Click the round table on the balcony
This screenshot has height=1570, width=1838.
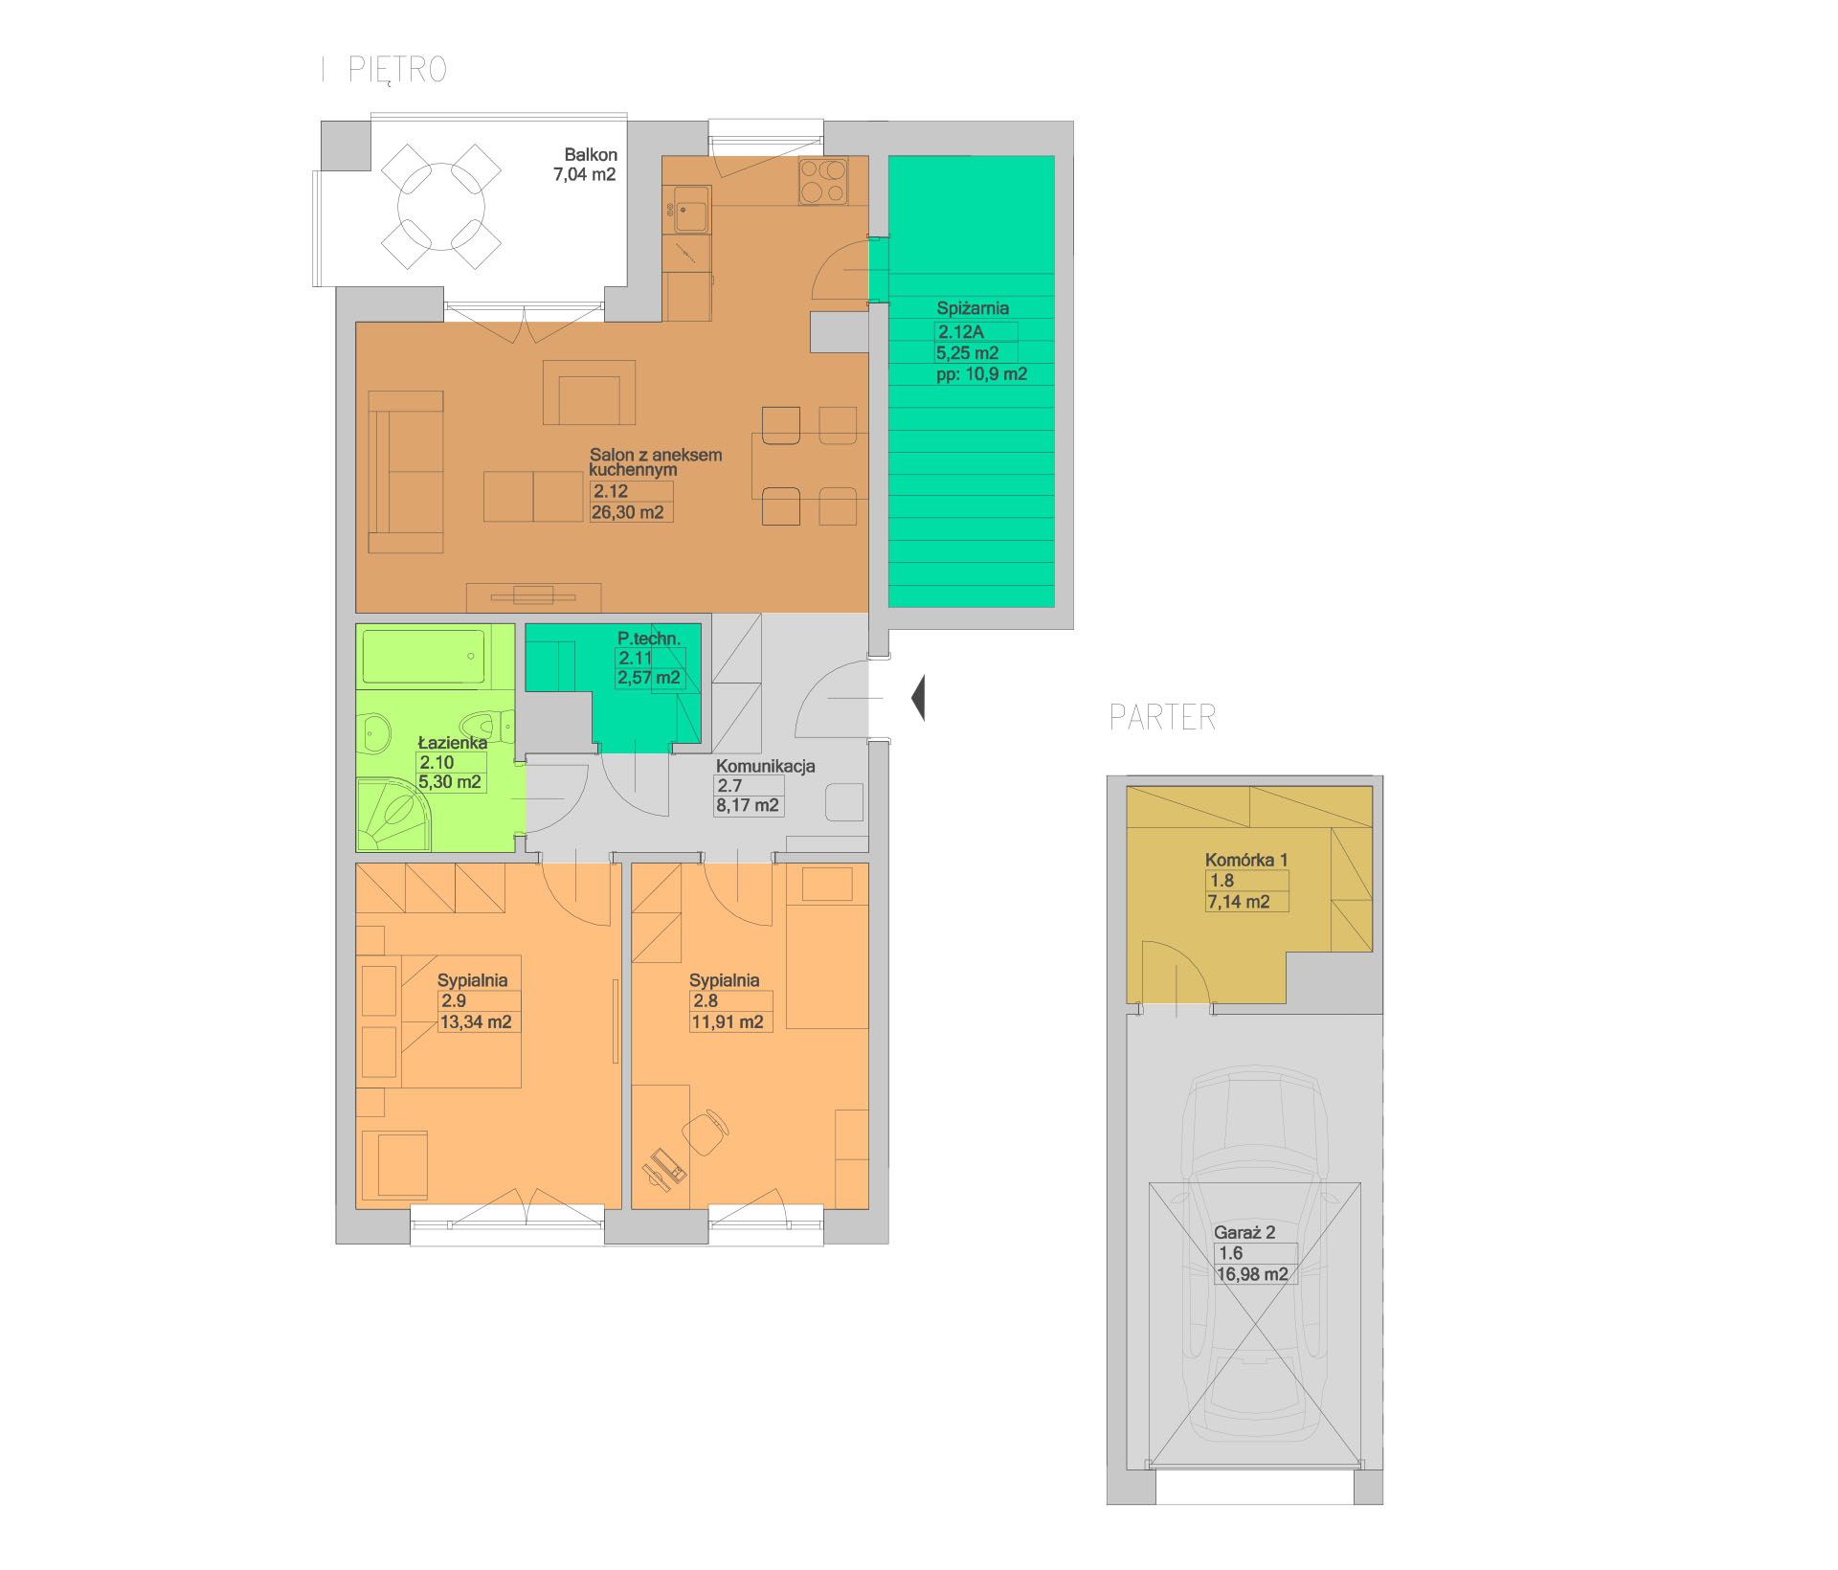[x=441, y=207]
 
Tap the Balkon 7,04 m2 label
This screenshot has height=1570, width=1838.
[x=586, y=165]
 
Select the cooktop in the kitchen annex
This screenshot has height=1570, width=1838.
[x=823, y=181]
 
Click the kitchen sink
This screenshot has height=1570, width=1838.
[x=691, y=210]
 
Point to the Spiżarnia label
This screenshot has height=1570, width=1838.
[x=973, y=308]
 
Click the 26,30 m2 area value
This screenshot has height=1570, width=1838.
[x=628, y=512]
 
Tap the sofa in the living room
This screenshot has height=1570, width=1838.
[x=406, y=471]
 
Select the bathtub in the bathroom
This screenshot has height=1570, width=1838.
[x=423, y=657]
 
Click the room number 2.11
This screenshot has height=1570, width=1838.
[x=635, y=658]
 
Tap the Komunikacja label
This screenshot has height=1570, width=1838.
[x=766, y=766]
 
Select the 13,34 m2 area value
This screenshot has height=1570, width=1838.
[x=476, y=1021]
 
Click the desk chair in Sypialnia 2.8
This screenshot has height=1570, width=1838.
[x=706, y=1133]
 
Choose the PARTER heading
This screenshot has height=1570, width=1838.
[x=1162, y=717]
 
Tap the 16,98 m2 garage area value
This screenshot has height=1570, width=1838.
[x=1252, y=1274]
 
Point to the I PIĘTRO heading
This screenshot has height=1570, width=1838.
[x=385, y=70]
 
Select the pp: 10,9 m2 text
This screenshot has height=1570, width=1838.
[x=981, y=374]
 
